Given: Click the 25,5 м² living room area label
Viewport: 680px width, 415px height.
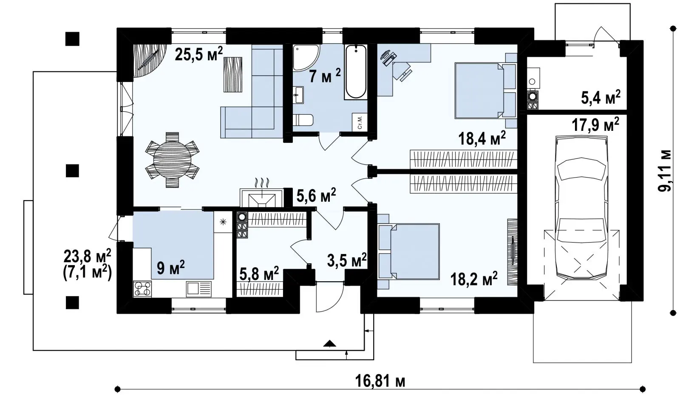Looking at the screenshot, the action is coord(199,54).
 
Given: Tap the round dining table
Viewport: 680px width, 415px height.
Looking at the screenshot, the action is coord(172,160).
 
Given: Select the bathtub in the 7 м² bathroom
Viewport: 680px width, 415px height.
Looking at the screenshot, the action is coord(356,72).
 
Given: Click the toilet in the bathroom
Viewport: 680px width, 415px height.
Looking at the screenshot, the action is coord(303,120).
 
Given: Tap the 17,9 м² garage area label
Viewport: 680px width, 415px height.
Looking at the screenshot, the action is coord(595,124).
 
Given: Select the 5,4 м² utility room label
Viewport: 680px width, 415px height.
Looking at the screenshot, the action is coord(601,97).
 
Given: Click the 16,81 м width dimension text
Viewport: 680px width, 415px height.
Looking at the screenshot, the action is coord(380,381).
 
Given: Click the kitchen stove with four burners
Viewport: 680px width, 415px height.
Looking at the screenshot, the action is coord(142,288).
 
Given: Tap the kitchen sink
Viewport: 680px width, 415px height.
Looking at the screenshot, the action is coord(199,288).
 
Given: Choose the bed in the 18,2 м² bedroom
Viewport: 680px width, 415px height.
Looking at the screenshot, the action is coord(408,251).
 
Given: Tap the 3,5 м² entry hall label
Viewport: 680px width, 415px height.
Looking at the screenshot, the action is coord(347,260).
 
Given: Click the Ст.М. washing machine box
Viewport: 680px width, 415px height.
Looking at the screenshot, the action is coord(360,122).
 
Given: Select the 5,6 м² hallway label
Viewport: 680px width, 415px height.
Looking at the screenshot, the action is coord(316,196).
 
